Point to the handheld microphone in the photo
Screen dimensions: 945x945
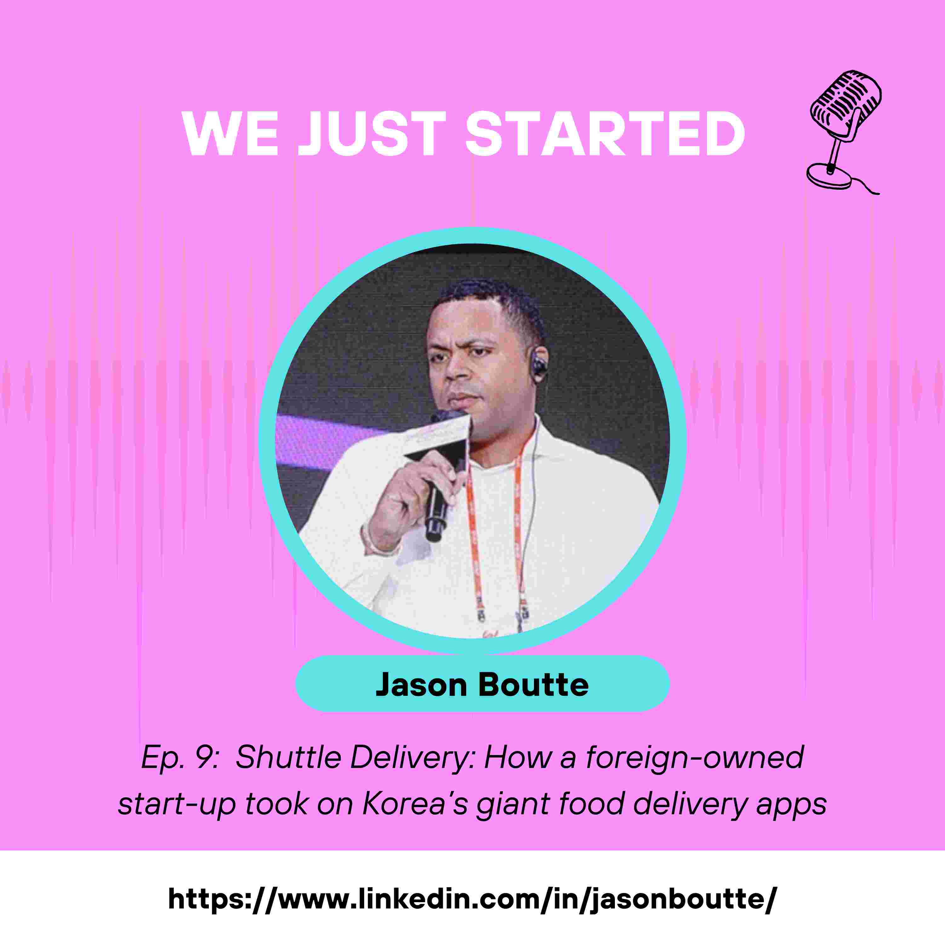click(437, 504)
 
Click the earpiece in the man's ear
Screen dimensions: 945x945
click(539, 364)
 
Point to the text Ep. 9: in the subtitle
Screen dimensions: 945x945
click(179, 758)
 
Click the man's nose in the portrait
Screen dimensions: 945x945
click(457, 374)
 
